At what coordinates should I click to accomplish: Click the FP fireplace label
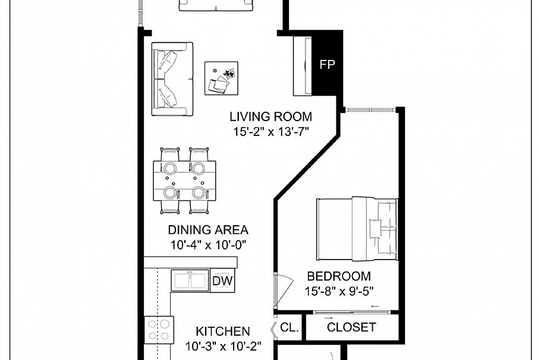point(327,65)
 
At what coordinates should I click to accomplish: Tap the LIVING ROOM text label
point(270,117)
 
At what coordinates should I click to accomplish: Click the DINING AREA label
point(207,230)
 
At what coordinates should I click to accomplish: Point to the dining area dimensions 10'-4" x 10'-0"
point(207,244)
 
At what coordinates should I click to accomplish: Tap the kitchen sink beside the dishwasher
point(190,280)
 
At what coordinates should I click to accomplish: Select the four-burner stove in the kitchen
point(159,330)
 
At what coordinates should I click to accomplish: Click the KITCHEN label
point(223,331)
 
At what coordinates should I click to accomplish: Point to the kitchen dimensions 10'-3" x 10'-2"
point(223,346)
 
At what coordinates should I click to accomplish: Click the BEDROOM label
point(338,276)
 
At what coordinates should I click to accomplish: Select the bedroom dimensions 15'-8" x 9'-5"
point(338,291)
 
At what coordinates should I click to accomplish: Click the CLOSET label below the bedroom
point(351,327)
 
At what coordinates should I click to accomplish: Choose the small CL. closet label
point(290,327)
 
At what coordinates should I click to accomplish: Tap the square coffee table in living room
point(221,78)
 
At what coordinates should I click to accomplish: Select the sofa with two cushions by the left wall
point(172,79)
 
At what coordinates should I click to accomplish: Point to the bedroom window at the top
point(371,109)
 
